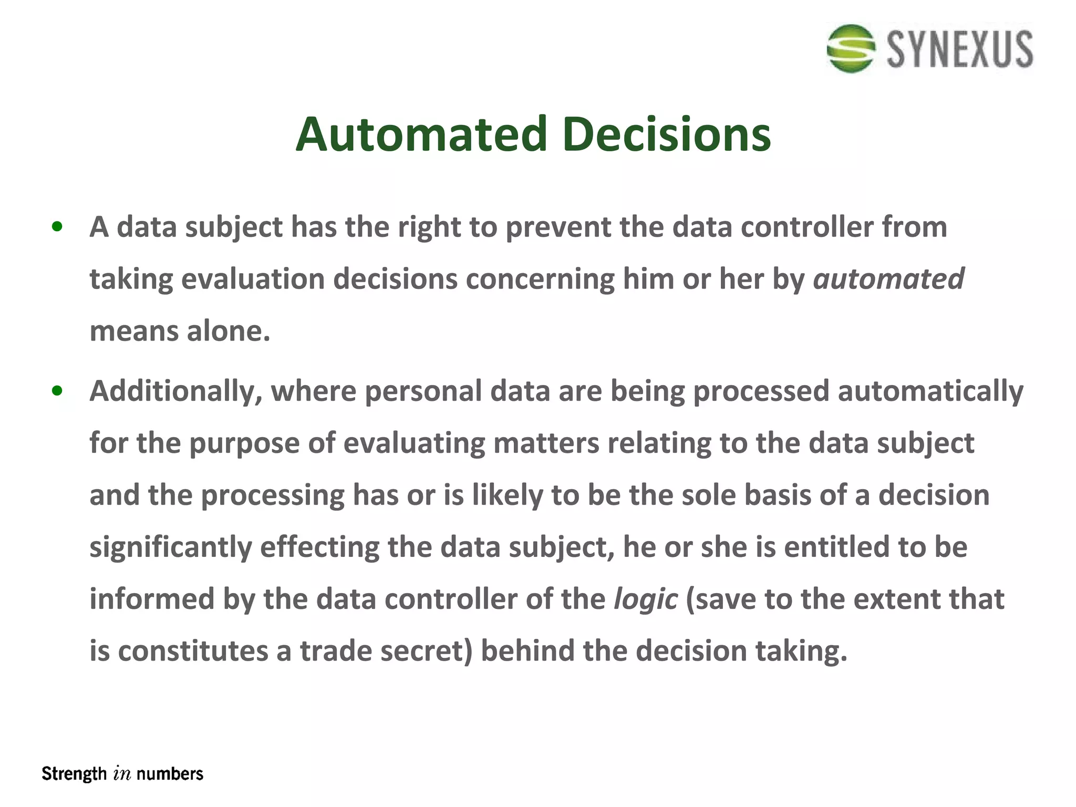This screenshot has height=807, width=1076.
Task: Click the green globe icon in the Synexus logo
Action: pos(850,48)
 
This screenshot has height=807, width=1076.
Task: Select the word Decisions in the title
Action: pos(666,134)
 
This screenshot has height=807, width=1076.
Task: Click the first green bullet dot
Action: pos(57,227)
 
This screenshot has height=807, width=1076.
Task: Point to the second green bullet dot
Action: pos(57,391)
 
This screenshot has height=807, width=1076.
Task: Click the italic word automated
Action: pos(888,278)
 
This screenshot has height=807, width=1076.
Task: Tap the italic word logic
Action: pos(646,599)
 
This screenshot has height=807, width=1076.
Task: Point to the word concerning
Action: pos(540,278)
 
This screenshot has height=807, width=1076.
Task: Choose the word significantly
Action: pos(171,547)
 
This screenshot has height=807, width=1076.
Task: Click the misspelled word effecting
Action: pos(319,547)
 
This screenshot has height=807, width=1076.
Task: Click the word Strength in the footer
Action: pos(74,774)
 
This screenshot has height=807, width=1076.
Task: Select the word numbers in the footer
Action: pos(170,774)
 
